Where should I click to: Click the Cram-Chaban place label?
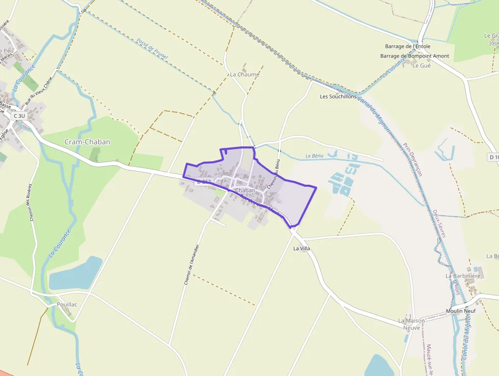pos(87,142)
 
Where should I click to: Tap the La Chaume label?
pos(244,74)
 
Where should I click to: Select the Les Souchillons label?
pos(338,96)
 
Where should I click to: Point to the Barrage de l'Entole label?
pos(407,46)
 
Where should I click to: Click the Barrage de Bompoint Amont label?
pos(414,56)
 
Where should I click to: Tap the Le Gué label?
pos(422,66)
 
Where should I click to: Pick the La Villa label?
pos(301,248)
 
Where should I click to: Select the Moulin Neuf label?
pos(460,311)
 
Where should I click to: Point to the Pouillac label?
pos(67,305)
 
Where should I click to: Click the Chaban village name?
pos(245,190)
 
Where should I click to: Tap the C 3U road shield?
pos(19,116)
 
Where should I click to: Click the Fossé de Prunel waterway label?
pos(152,48)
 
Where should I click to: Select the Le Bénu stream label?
pos(315,156)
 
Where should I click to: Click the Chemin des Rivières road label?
pos(31,203)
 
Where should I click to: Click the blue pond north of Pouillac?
pos(75,273)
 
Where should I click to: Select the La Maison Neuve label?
pos(412,324)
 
